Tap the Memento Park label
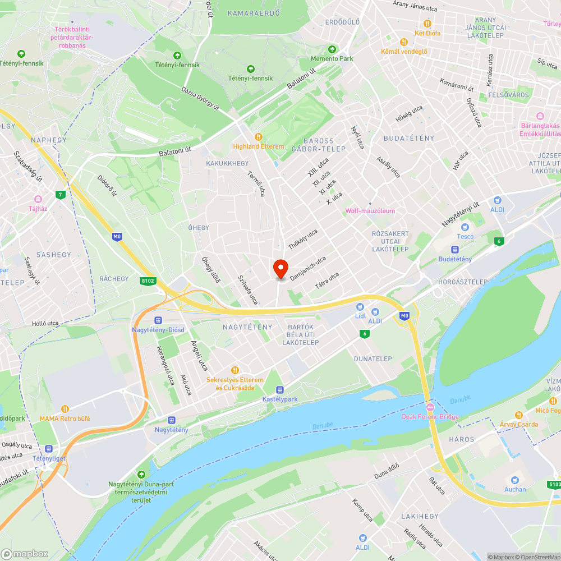click(x=332, y=58)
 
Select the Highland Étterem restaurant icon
click(x=258, y=136)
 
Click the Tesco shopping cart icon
click(x=465, y=227)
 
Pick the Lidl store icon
click(x=360, y=307)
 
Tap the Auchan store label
click(x=514, y=489)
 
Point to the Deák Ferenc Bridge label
click(x=430, y=416)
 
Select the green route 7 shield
click(x=60, y=195)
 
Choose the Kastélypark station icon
click(x=279, y=389)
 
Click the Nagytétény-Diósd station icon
click(x=158, y=320)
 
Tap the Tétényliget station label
click(x=48, y=458)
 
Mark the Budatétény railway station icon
click(x=454, y=250)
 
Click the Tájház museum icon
click(x=38, y=199)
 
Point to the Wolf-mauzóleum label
click(x=370, y=211)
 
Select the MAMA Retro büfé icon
click(x=65, y=409)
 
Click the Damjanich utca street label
click(x=308, y=269)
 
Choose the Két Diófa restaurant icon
click(x=427, y=24)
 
